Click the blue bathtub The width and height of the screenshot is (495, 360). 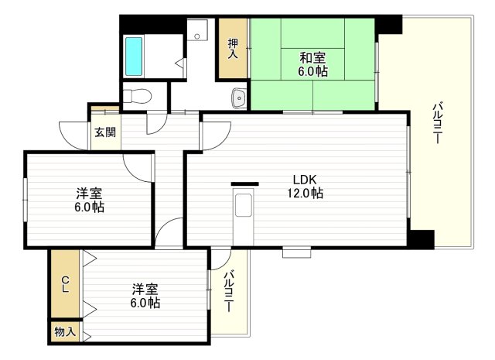[x=134, y=57]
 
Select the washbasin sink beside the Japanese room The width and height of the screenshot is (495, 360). [x=239, y=98]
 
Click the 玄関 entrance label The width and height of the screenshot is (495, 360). [x=105, y=132]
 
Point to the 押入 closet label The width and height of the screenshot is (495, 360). [x=233, y=48]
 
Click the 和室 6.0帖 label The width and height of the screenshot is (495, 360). [x=312, y=64]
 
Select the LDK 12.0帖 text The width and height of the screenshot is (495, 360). [x=305, y=186]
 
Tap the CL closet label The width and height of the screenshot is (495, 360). [x=65, y=284]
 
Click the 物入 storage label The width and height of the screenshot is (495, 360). [x=65, y=332]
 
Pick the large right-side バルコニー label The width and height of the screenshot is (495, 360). [x=438, y=122]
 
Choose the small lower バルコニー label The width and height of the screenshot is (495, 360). [x=229, y=291]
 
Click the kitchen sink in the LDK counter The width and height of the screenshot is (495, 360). [x=243, y=205]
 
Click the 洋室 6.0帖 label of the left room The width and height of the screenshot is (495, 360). [x=90, y=200]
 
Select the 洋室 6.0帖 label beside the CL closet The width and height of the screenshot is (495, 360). [x=145, y=296]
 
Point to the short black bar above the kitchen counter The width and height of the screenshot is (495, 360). [x=245, y=184]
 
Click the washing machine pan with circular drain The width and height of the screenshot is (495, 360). [x=197, y=29]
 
